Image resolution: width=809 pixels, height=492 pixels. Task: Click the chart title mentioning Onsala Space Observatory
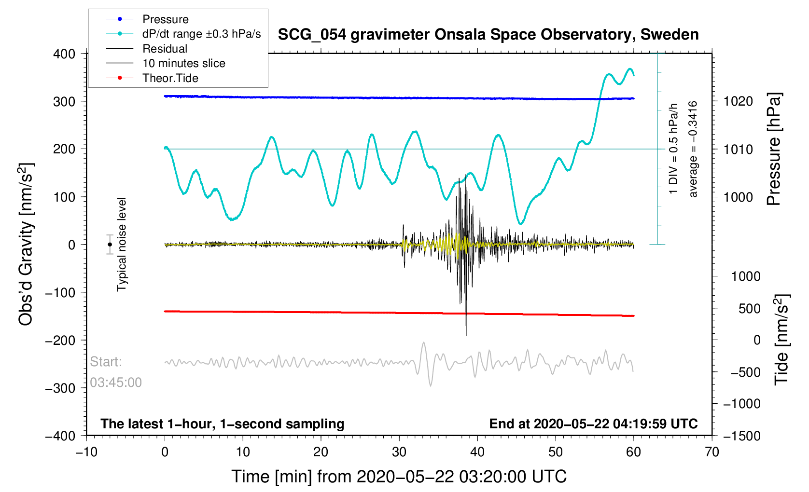pos(488,35)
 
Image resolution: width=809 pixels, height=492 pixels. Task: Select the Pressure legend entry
pos(165,19)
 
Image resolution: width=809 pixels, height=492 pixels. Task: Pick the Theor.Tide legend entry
pos(170,78)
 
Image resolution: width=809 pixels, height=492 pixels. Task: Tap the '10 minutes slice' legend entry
pos(183,63)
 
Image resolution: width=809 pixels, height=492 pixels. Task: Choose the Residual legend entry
pos(165,49)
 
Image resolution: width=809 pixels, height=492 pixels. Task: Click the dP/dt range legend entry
pos(201,34)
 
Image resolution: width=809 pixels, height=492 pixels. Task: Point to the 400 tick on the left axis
pos(64,54)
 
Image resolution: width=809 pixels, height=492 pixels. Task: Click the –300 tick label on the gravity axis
pos(60,388)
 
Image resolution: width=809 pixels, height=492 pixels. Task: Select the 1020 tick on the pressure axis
pos(738,101)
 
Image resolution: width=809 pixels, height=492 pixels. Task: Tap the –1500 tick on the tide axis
pos(741,436)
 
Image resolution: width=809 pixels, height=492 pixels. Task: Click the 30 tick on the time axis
pos(399,452)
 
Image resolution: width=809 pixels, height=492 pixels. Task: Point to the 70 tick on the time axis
pos(711,452)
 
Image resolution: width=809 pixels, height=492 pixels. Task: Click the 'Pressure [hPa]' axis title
pos(774,150)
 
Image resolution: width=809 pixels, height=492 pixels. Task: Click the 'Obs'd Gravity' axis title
pos(25,245)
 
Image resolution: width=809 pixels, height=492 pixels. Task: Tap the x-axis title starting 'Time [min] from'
pos(399,477)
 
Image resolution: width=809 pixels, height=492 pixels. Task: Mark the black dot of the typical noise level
pos(110,245)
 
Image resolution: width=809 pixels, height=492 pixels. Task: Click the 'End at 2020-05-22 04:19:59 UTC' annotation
pos(593,424)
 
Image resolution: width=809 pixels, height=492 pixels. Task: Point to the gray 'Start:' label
pos(106,362)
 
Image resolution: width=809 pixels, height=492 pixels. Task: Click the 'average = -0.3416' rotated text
pos(693,149)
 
